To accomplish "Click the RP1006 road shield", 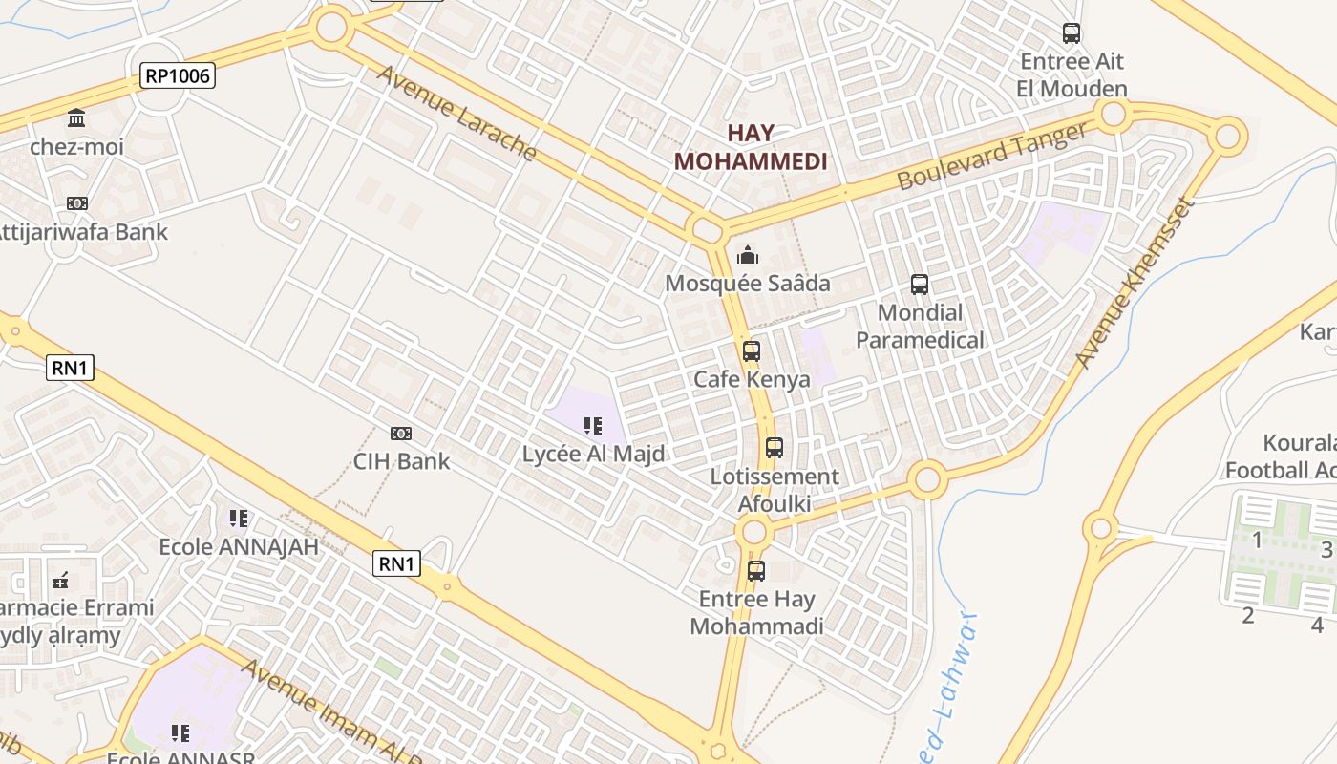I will (x=178, y=75).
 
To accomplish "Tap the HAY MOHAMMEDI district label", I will (x=751, y=147).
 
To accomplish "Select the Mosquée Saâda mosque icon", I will (x=748, y=255).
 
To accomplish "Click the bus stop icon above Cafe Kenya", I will (x=752, y=350).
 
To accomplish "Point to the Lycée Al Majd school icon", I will (x=592, y=425).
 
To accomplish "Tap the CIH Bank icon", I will (x=401, y=434).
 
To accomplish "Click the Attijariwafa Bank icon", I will (x=77, y=203).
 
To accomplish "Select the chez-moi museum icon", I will (x=76, y=118).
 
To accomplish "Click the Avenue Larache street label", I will (x=456, y=113).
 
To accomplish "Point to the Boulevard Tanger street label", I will (x=992, y=158).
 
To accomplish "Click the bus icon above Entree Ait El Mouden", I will (x=1072, y=33).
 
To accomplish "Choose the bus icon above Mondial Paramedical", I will (x=920, y=284).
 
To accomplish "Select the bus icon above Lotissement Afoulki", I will (x=775, y=447).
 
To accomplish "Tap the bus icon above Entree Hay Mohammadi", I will (x=756, y=571).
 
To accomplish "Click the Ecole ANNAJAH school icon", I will (x=239, y=519).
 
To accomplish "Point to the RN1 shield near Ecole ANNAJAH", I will (x=396, y=563).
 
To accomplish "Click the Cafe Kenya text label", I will (x=752, y=379).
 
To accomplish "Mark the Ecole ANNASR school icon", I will (x=180, y=733).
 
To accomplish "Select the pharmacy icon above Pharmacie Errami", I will (x=61, y=580).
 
